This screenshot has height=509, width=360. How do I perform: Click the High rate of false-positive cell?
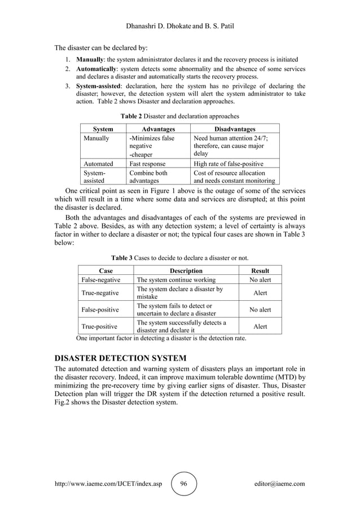(x=228, y=164)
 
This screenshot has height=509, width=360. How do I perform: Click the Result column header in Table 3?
(x=260, y=270)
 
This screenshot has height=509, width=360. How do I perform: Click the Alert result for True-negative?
(x=260, y=293)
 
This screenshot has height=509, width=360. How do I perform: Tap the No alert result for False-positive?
(x=260, y=310)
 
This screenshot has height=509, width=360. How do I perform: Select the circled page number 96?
(x=183, y=484)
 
